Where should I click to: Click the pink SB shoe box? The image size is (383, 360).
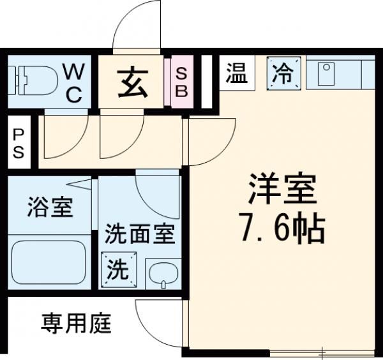181,83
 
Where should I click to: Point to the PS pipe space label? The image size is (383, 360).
18,144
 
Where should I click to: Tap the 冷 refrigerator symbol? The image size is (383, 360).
283,73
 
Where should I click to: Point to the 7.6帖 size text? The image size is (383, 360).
283,229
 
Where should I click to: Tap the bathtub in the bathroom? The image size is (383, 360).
49,262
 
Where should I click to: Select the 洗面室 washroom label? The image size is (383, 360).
139,234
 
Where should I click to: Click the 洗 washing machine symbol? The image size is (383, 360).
116,268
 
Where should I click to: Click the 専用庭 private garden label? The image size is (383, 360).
77,324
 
